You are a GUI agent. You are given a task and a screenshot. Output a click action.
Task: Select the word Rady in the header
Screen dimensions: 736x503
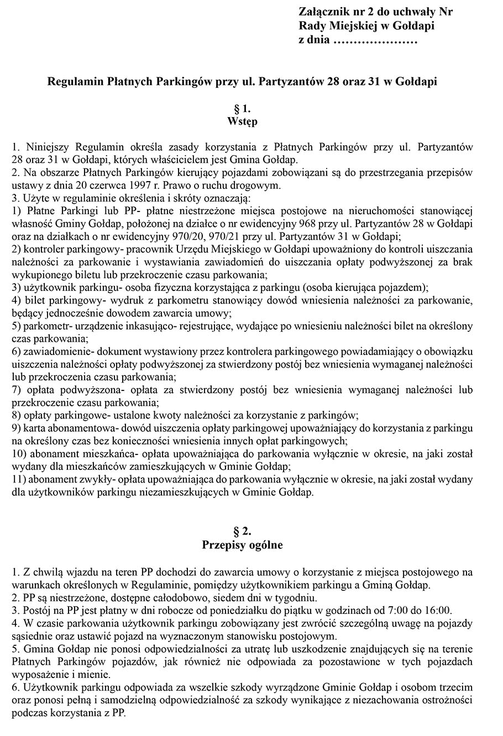[312, 26]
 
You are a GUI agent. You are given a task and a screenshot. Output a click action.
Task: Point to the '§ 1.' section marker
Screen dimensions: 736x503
[242, 108]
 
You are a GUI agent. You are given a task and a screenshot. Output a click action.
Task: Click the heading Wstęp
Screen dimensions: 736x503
[242, 121]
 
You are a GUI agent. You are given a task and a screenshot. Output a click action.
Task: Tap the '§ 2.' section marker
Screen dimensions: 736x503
[242, 531]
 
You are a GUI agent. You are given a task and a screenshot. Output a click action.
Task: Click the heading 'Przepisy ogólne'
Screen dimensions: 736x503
[242, 545]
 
